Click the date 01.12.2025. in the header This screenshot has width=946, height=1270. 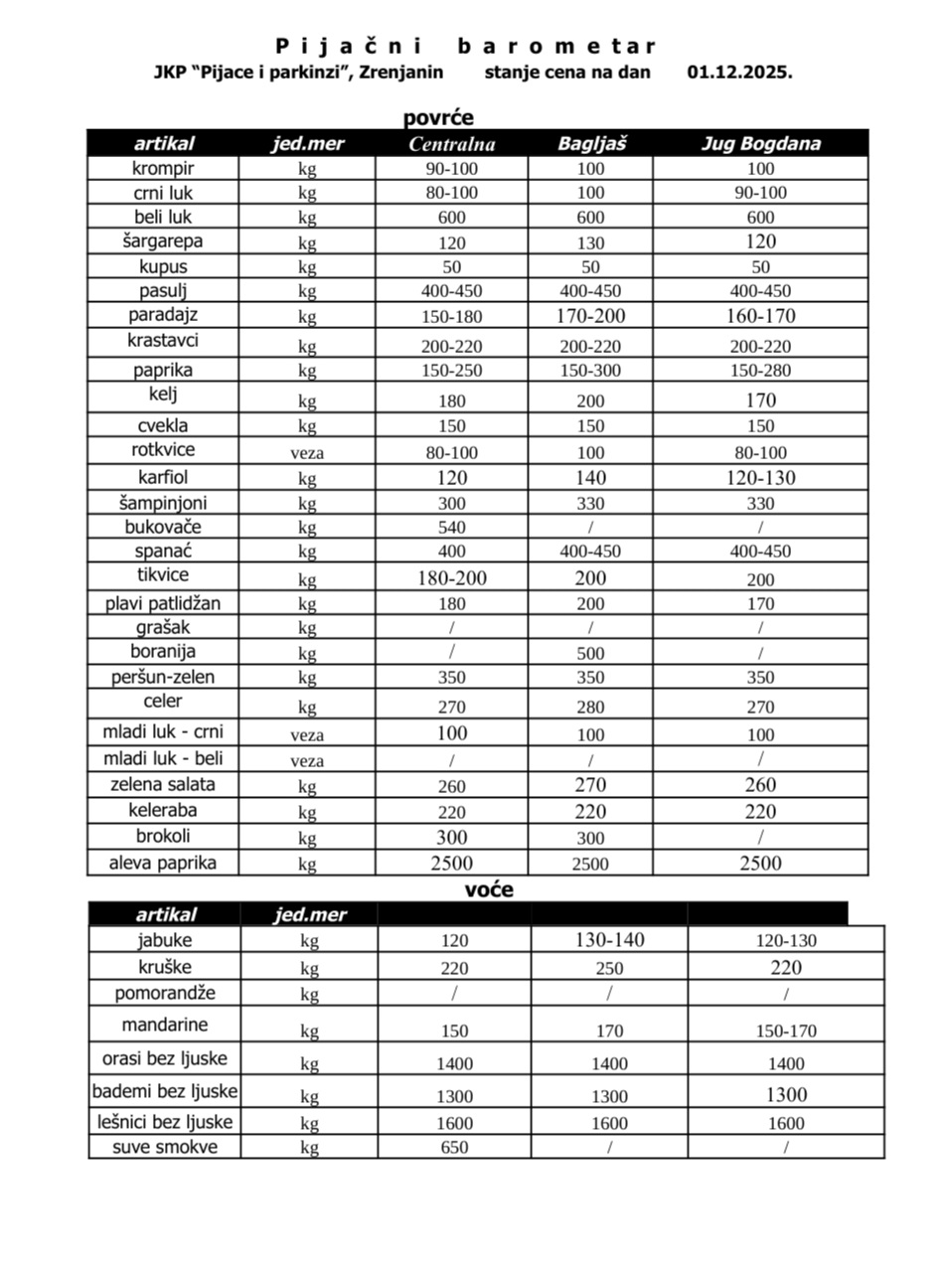click(x=739, y=73)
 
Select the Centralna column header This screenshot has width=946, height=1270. click(x=452, y=144)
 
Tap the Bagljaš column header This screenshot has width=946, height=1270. click(x=590, y=144)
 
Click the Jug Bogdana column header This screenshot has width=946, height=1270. click(x=761, y=144)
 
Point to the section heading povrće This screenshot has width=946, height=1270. click(x=438, y=118)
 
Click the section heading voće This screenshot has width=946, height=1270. click(x=489, y=890)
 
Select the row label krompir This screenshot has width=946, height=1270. click(x=163, y=169)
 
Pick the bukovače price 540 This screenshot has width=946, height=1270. click(x=452, y=528)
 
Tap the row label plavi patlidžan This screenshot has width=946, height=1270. click(x=163, y=603)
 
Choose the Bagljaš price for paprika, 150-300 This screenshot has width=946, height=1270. click(x=590, y=371)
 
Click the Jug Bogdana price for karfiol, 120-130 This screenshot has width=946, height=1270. click(x=761, y=478)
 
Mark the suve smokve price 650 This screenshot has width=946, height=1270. click(x=454, y=1148)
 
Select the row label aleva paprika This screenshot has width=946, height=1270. click(x=163, y=863)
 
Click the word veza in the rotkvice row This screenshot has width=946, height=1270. click(x=307, y=453)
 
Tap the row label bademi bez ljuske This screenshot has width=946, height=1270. click(x=165, y=1092)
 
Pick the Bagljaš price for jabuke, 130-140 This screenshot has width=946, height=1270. click(x=609, y=940)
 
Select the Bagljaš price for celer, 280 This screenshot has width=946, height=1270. click(x=590, y=708)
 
